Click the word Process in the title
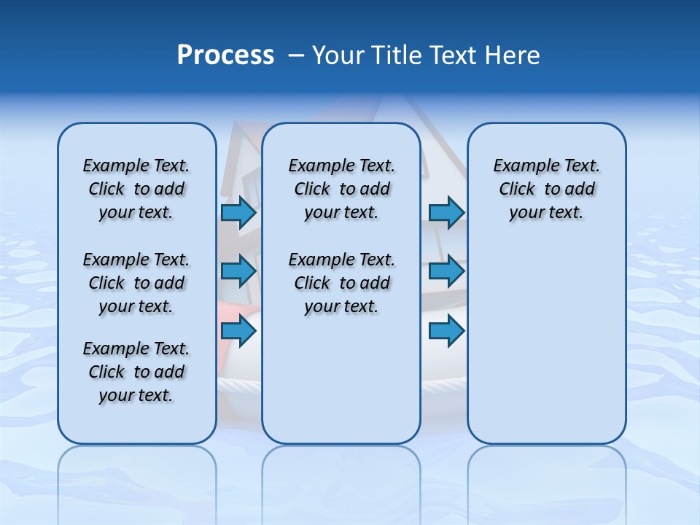tap(225, 55)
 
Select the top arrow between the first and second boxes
tap(238, 212)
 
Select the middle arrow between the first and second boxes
tap(238, 271)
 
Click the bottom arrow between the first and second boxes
tap(238, 331)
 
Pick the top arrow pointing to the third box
tap(446, 212)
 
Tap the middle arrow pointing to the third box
tap(446, 271)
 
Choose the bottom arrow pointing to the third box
tap(446, 331)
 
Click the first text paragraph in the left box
tap(136, 189)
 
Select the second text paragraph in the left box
tap(136, 283)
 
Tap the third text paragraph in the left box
tap(136, 372)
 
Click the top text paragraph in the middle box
tap(341, 189)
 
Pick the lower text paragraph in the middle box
tap(341, 283)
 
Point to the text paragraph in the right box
tap(546, 189)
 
